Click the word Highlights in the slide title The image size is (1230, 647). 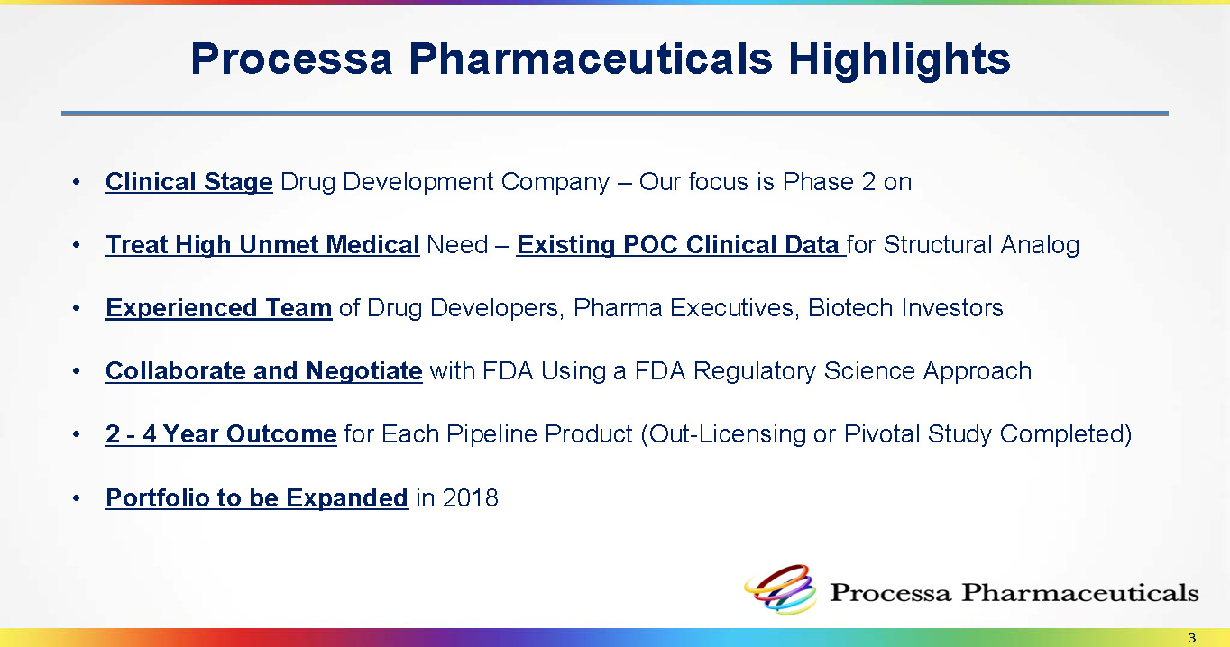click(899, 60)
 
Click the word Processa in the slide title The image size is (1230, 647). click(291, 59)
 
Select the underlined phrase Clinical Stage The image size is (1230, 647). click(188, 183)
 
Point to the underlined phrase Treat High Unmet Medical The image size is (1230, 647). click(262, 245)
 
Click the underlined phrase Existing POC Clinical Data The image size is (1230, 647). click(681, 245)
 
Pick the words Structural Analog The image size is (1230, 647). click(981, 245)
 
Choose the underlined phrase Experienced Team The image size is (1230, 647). click(218, 308)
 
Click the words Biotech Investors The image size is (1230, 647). click(905, 308)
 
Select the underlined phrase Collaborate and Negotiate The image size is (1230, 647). click(264, 371)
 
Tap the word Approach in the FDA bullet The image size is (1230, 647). click(977, 371)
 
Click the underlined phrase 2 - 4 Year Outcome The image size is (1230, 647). click(221, 434)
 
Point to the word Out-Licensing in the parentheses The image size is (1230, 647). click(723, 434)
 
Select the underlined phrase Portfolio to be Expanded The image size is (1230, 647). click(257, 498)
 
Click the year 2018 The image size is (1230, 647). click(470, 498)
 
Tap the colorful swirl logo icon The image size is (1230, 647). click(780, 589)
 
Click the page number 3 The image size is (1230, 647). click(1191, 638)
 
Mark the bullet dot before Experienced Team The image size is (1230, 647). click(77, 308)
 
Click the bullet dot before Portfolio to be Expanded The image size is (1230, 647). click(77, 498)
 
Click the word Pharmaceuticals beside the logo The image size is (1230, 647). click(1079, 593)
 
